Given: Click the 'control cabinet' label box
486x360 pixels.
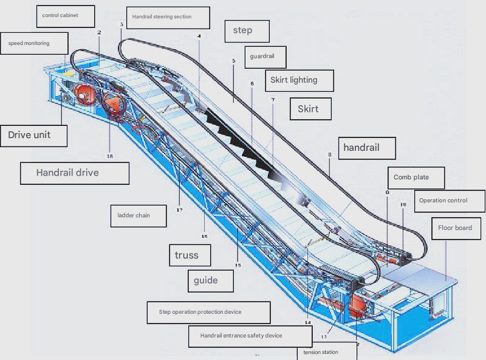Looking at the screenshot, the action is point(66,16).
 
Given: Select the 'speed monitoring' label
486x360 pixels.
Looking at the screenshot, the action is point(34,43).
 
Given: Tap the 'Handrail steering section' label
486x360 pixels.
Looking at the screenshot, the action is point(168,18).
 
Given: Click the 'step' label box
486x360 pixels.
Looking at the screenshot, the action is point(247,31).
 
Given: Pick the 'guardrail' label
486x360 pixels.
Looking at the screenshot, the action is point(265,57).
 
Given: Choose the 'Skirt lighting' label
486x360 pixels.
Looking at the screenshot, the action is point(299,80).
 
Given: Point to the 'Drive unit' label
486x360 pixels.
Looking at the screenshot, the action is point(33,136).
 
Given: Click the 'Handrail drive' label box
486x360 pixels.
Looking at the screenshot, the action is point(75,173).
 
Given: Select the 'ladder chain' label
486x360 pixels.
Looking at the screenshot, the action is point(139,216).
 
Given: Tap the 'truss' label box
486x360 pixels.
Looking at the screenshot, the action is point(190,255).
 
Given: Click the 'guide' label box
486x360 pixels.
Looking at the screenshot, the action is point(211,281).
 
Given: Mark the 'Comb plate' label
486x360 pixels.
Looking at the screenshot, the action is point(416,178).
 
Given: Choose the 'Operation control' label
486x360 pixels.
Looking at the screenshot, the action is point(450,201).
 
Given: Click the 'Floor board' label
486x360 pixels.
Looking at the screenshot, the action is point(456,229).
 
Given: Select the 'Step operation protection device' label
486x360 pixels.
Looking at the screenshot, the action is point(208,313).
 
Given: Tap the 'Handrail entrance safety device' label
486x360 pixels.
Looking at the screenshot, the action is point(250,336).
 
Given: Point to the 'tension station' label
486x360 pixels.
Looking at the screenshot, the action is point(327,351).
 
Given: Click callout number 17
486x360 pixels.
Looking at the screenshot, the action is point(179,210).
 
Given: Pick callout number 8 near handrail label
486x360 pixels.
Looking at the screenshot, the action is point(329,154).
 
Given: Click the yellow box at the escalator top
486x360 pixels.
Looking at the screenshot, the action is point(69,74).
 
